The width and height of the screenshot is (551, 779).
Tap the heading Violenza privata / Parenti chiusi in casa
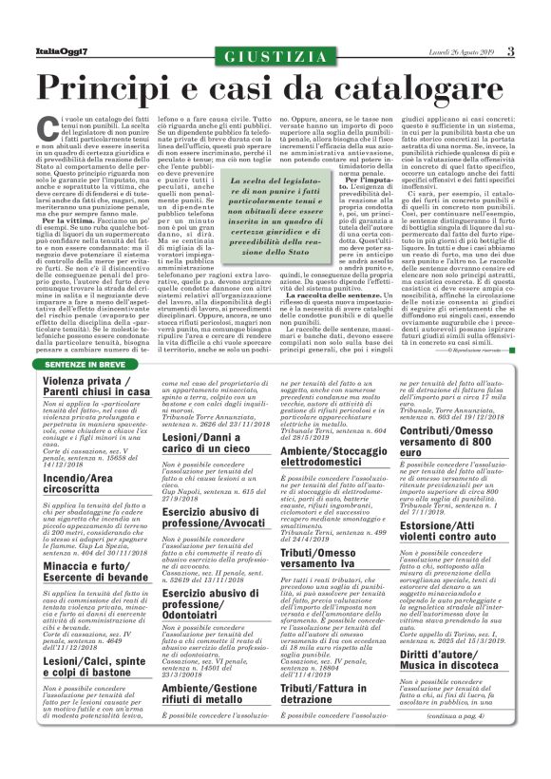96,387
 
